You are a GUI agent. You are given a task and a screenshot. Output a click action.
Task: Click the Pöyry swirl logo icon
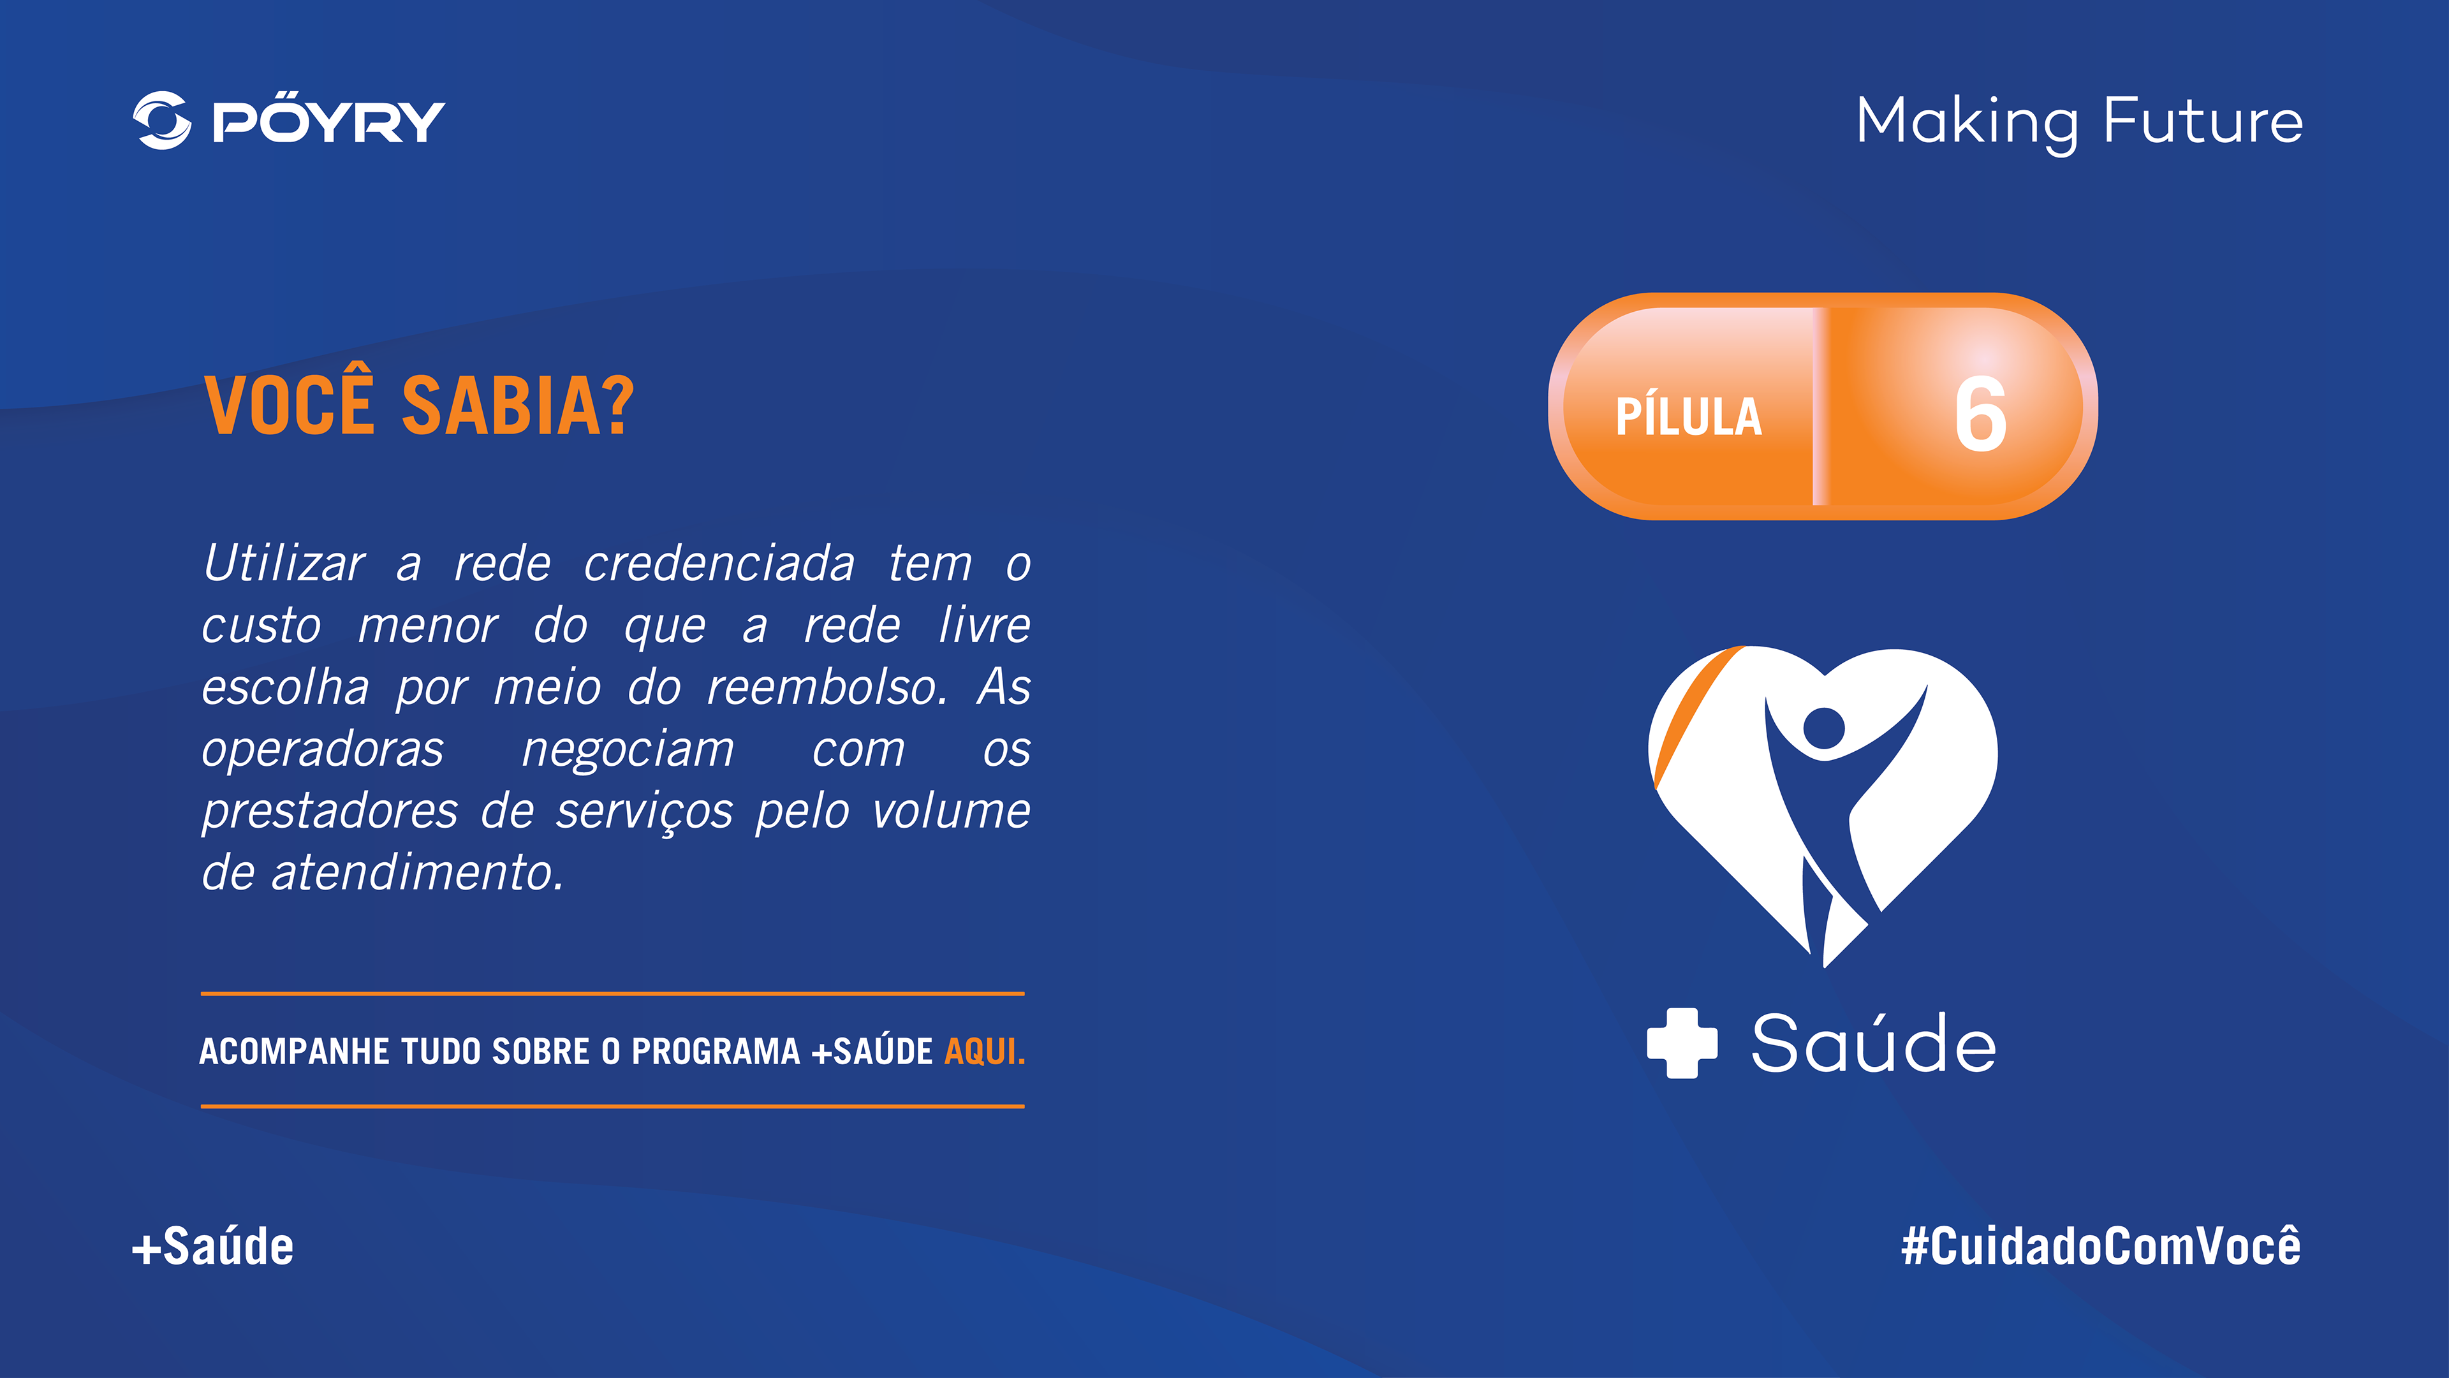[161, 121]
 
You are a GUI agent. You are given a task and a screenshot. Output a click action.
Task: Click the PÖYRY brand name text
[328, 122]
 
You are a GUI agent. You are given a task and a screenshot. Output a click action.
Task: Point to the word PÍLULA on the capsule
[1688, 417]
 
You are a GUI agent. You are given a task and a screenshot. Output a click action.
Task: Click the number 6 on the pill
[1980, 414]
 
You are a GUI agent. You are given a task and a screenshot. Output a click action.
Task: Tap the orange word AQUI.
[985, 1051]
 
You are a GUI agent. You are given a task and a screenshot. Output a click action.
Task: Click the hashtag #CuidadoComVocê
[2101, 1246]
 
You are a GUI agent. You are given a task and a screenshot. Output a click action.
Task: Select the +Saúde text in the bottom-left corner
[213, 1246]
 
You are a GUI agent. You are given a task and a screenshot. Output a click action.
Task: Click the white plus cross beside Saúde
[1682, 1043]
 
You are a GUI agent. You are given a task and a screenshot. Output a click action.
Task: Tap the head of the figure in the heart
[1823, 728]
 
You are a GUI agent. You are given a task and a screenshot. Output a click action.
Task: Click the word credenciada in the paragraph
[719, 564]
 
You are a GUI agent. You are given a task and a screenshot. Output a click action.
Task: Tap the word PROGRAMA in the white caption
[716, 1051]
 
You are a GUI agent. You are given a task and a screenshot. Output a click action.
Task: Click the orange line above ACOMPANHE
[612, 993]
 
